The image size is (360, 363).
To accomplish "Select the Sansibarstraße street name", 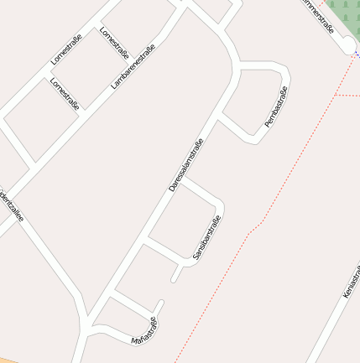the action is (206, 241).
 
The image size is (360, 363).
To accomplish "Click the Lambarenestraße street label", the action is (133, 66).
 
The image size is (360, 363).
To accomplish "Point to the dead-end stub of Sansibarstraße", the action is (175, 276).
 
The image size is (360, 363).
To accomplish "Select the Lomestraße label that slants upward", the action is (66, 49).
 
